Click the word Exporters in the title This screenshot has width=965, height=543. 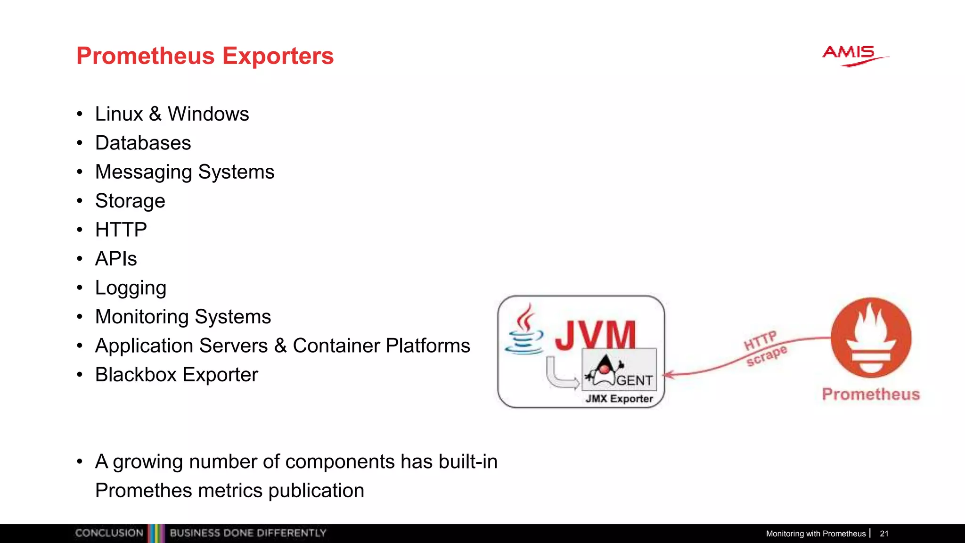278,56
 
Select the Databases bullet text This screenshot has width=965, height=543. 143,143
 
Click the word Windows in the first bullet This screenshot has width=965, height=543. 208,114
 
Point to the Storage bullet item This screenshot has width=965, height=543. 130,201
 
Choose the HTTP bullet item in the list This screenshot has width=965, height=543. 121,230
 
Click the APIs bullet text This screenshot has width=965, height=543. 116,259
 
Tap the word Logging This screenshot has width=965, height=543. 131,288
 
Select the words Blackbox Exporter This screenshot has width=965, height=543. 176,375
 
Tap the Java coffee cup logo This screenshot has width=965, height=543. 523,330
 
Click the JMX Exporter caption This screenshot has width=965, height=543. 619,399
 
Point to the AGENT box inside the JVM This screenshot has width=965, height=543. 619,370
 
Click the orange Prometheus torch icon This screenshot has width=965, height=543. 871,337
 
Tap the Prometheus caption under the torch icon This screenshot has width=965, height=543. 870,394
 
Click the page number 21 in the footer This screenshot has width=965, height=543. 884,534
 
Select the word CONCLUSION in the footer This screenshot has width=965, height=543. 109,533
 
